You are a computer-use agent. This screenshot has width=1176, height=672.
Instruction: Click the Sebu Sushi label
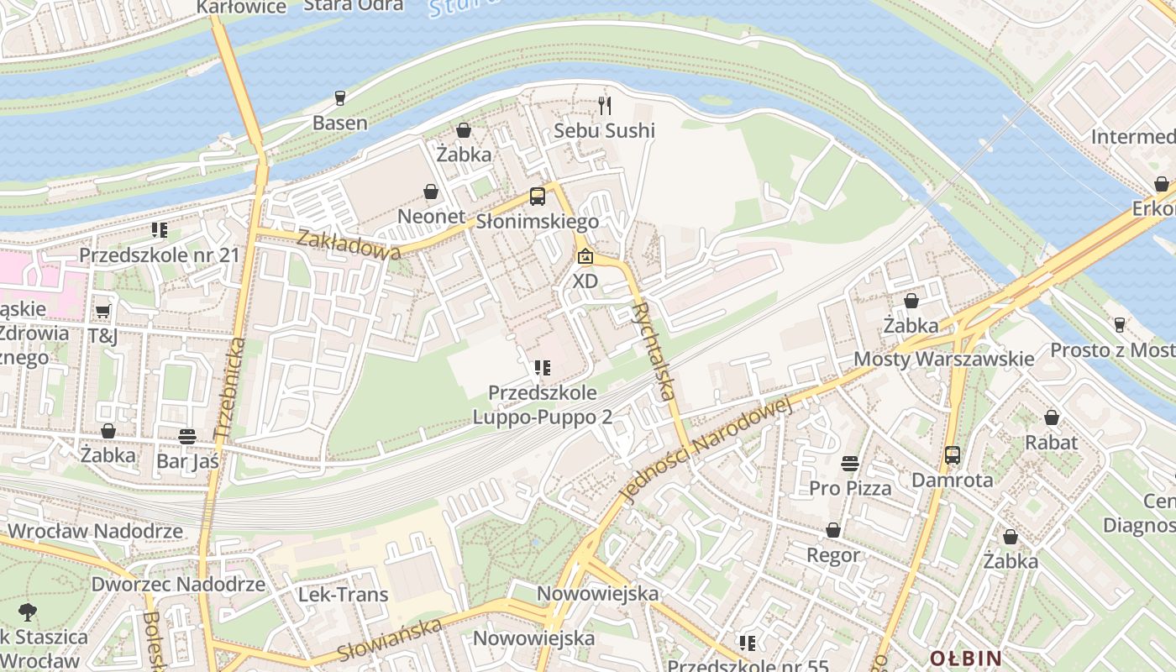[x=604, y=131]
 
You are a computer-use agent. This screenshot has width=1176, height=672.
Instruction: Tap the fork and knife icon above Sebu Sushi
[x=604, y=105]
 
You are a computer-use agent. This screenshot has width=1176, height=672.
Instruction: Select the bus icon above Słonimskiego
[x=537, y=197]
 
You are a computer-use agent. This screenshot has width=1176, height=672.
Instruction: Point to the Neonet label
[x=431, y=217]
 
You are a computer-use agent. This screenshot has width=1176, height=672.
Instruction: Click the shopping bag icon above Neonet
[x=431, y=192]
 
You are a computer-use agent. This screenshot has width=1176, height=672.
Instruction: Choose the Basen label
[x=339, y=123]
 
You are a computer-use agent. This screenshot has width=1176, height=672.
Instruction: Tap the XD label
[x=585, y=281]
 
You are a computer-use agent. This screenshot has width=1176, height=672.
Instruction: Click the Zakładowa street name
[x=348, y=243]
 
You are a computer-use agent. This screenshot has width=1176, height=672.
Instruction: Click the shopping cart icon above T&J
[x=102, y=312]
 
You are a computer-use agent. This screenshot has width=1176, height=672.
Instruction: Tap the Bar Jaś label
[x=187, y=461]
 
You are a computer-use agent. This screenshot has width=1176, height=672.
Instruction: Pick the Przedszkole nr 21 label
[x=160, y=255]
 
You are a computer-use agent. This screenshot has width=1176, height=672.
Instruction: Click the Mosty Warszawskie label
[x=944, y=360]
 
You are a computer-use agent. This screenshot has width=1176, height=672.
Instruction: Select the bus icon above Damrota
[x=952, y=455]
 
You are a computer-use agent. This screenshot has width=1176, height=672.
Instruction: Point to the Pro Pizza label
[x=850, y=488]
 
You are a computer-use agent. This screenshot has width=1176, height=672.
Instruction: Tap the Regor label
[x=833, y=555]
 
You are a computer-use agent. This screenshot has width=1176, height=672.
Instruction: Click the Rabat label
[x=1051, y=442]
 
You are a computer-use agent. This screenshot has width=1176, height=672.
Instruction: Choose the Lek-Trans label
[x=344, y=595]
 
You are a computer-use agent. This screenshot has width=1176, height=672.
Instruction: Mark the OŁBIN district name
[x=965, y=658]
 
